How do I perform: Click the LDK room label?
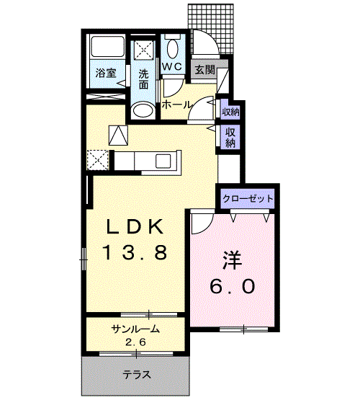pyautogui.click(x=136, y=226)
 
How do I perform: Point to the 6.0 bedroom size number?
pyautogui.click(x=233, y=286)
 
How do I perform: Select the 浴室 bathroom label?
pyautogui.click(x=105, y=72)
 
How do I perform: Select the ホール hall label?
pyautogui.click(x=176, y=105)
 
